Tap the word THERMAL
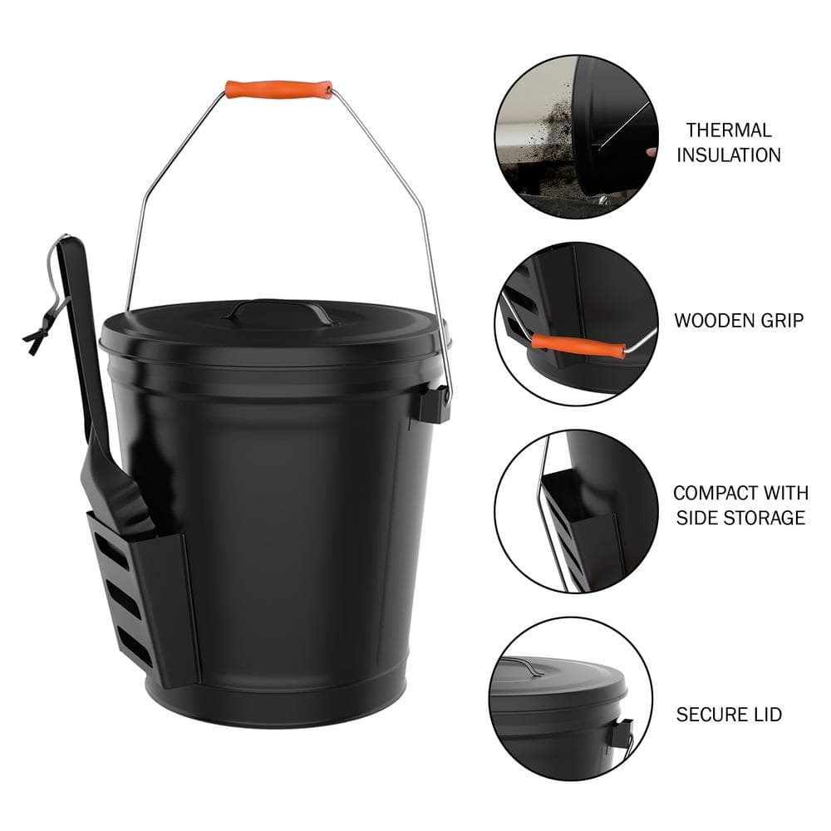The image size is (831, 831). (x=728, y=130)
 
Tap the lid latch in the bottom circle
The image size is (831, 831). (x=619, y=730)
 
